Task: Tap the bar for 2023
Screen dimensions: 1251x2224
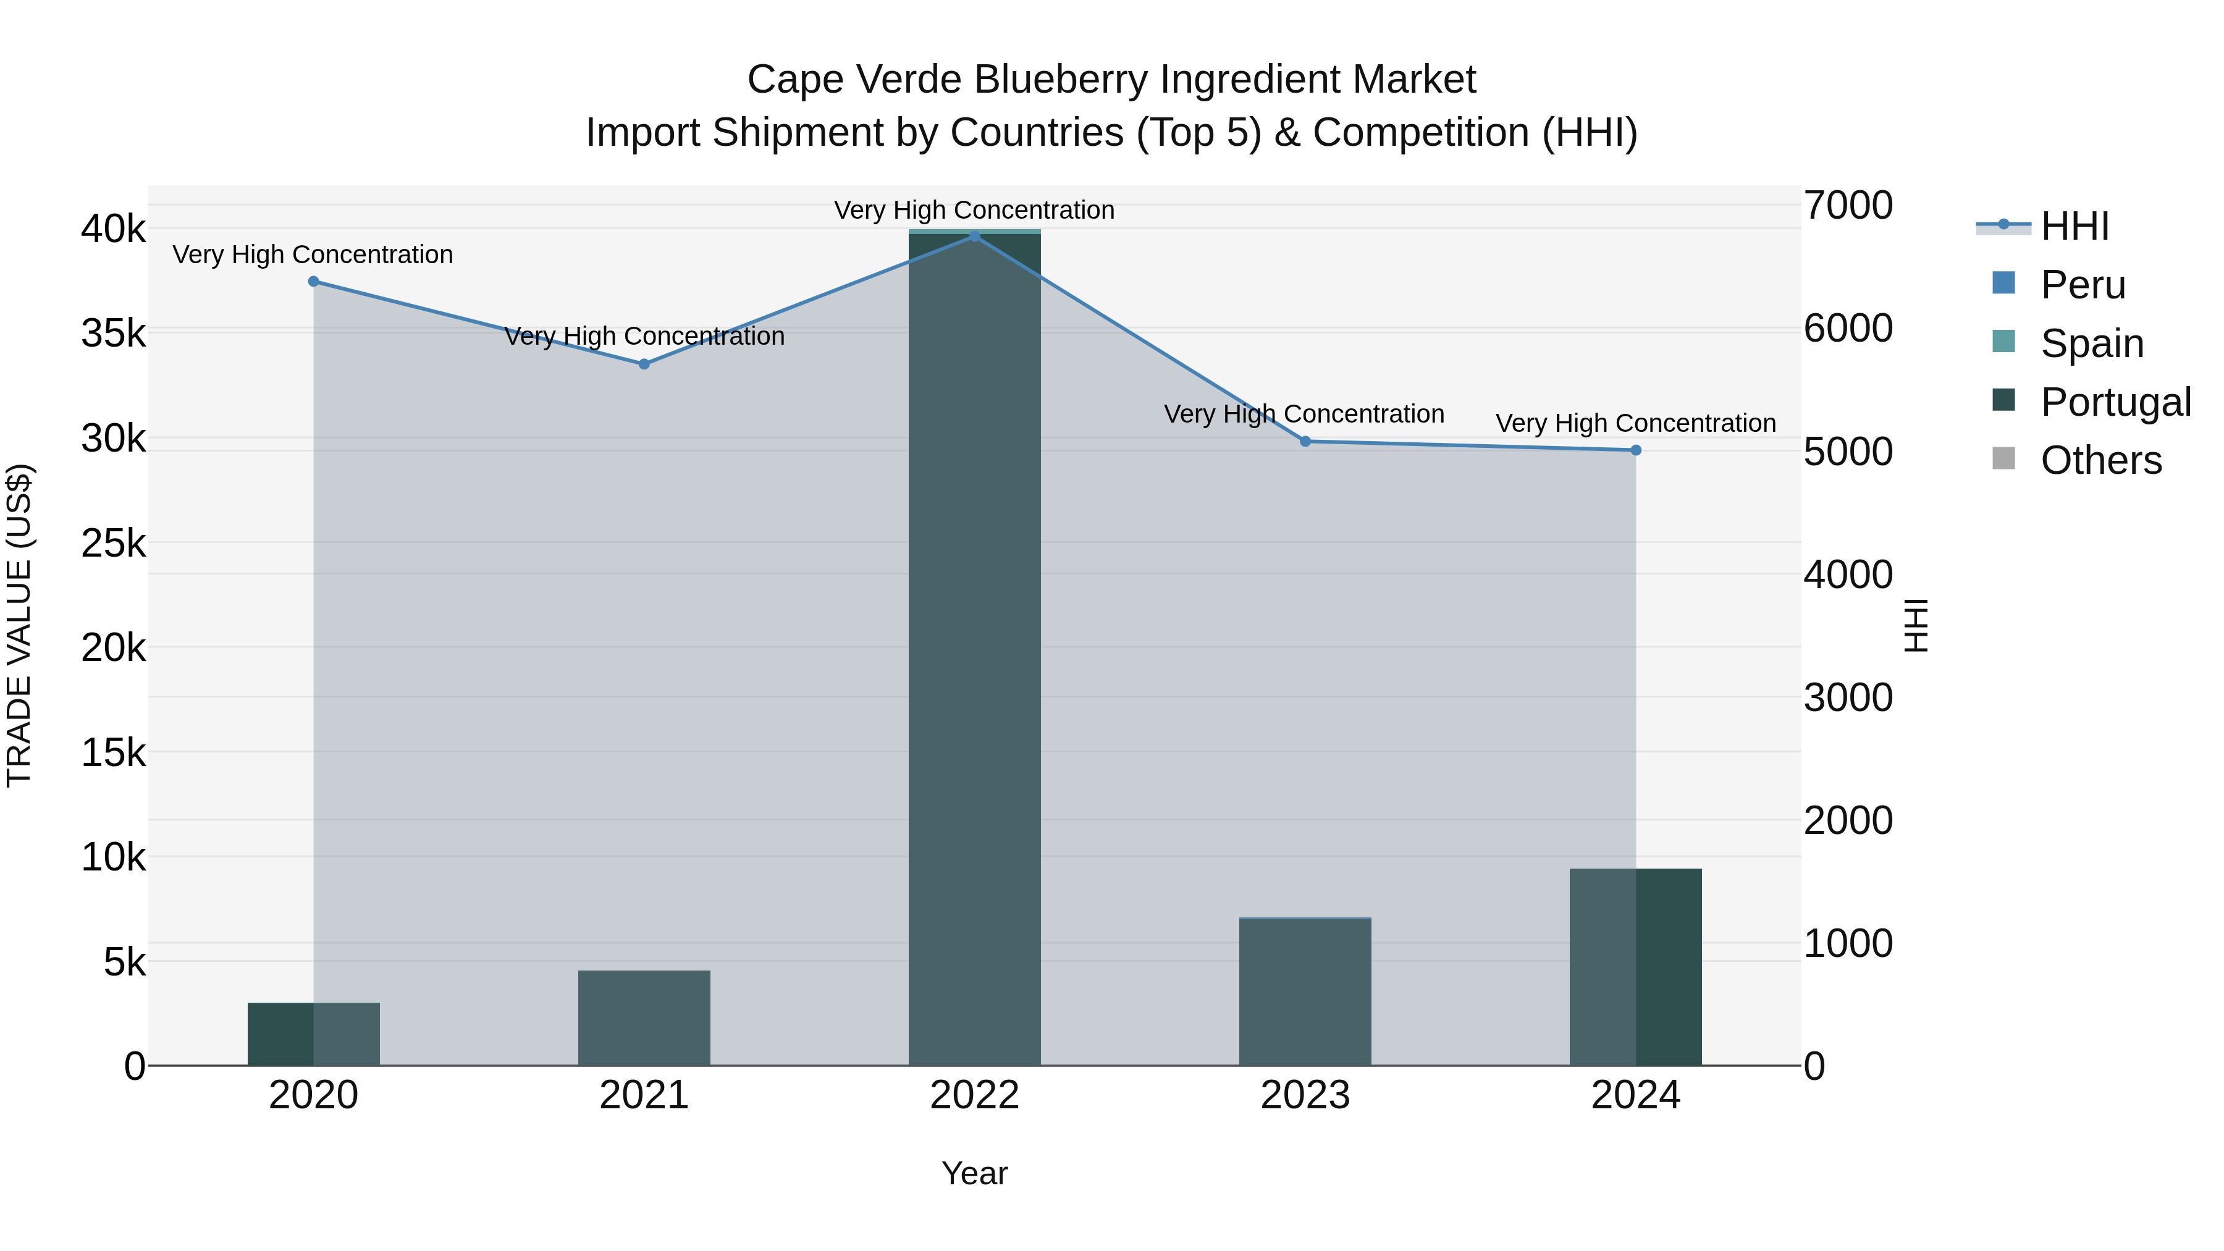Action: (x=1305, y=992)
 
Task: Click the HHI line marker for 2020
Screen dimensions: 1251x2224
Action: (x=313, y=282)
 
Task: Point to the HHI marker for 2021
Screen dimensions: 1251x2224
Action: (x=644, y=364)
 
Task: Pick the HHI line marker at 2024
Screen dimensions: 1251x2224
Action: (x=1635, y=450)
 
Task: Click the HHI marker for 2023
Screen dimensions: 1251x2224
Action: (x=1305, y=441)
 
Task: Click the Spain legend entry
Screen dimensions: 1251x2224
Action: (x=2091, y=343)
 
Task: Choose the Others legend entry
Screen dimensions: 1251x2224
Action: (x=2100, y=460)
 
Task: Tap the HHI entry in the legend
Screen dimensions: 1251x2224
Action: (x=2074, y=226)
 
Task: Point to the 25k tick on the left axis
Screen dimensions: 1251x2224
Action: (x=113, y=543)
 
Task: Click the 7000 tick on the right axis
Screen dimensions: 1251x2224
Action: (x=1848, y=206)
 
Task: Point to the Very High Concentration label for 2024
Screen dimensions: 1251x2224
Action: (x=1635, y=423)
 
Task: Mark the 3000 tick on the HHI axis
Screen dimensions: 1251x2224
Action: (x=1848, y=697)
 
